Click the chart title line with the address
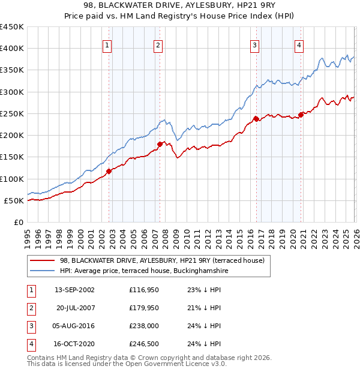[x=179, y=5]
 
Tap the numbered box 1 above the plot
[x=107, y=44]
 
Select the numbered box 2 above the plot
[x=158, y=44]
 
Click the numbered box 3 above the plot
[x=254, y=44]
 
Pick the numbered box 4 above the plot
[x=299, y=44]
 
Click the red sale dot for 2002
[x=109, y=171]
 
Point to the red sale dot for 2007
[x=160, y=144]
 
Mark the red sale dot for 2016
[x=256, y=119]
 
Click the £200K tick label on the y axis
[x=11, y=136]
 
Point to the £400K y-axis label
[x=11, y=49]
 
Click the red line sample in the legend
[x=42, y=260]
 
